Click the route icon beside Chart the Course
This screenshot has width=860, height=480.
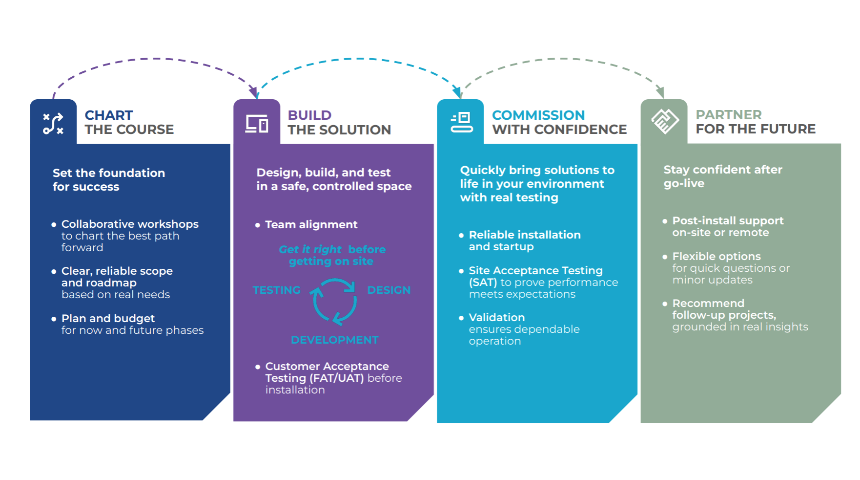click(x=53, y=123)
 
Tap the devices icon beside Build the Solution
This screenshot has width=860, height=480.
click(x=257, y=124)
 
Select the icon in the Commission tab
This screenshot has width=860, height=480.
click(x=461, y=123)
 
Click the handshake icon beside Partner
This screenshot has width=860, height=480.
click(x=665, y=121)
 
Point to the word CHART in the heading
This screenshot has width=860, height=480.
click(x=108, y=115)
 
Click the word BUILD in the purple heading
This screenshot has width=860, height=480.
click(x=309, y=115)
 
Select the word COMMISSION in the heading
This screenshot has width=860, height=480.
click(x=538, y=115)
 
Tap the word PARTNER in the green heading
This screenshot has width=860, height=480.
click(x=728, y=115)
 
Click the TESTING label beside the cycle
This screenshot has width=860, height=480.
click(x=276, y=290)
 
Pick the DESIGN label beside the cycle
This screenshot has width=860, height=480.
click(x=389, y=290)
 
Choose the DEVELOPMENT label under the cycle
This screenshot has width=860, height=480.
click(x=334, y=340)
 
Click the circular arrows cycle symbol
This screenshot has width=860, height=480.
click(x=334, y=301)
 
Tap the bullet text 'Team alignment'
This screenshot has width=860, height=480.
click(x=311, y=225)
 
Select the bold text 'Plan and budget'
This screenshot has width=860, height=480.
click(x=108, y=319)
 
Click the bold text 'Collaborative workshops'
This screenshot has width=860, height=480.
click(x=130, y=224)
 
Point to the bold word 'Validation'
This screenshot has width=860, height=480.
click(x=496, y=318)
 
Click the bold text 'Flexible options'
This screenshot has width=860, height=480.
click(x=716, y=257)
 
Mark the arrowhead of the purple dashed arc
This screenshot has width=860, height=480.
click(x=254, y=92)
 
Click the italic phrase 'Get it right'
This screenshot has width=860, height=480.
click(x=310, y=250)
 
